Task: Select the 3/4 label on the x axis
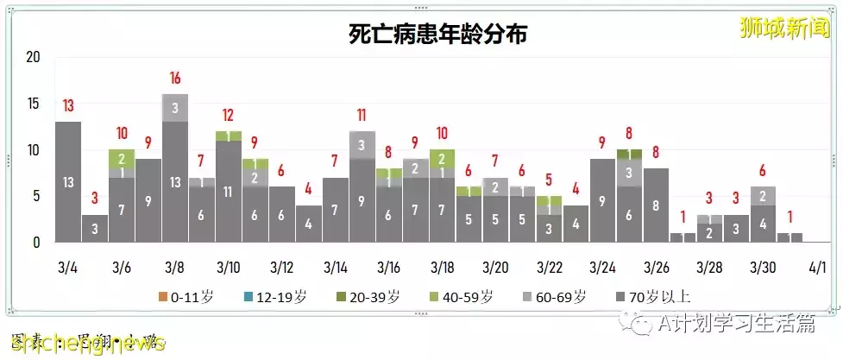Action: (67, 268)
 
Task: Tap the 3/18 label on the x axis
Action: (442, 268)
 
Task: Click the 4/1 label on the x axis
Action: (817, 268)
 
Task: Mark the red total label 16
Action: (174, 78)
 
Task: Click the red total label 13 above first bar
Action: (68, 106)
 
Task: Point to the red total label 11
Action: (362, 115)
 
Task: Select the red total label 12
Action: (228, 115)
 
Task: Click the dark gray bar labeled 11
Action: (228, 192)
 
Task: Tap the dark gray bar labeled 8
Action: (656, 205)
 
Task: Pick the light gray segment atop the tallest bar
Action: (174, 108)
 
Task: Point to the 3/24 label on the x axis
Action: (602, 268)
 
